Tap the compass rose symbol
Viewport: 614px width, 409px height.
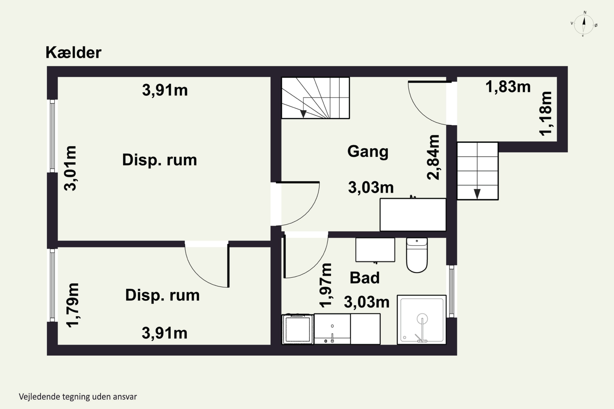point(584,24)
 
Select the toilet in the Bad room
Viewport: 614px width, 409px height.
point(417,255)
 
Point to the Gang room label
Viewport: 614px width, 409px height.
point(368,152)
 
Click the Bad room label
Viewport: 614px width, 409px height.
point(365,278)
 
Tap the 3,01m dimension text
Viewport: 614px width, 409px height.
point(70,168)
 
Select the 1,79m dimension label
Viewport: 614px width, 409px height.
point(72,305)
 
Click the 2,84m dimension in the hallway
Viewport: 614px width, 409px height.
point(433,157)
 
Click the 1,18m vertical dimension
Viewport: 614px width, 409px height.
point(546,113)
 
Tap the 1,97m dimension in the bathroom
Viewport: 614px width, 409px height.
point(326,285)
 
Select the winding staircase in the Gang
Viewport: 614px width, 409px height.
point(315,98)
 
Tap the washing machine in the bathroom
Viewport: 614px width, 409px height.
point(298,329)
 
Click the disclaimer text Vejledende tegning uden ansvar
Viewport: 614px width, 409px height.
point(78,397)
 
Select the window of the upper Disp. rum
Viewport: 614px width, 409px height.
point(52,136)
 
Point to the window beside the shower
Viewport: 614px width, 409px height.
point(452,291)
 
